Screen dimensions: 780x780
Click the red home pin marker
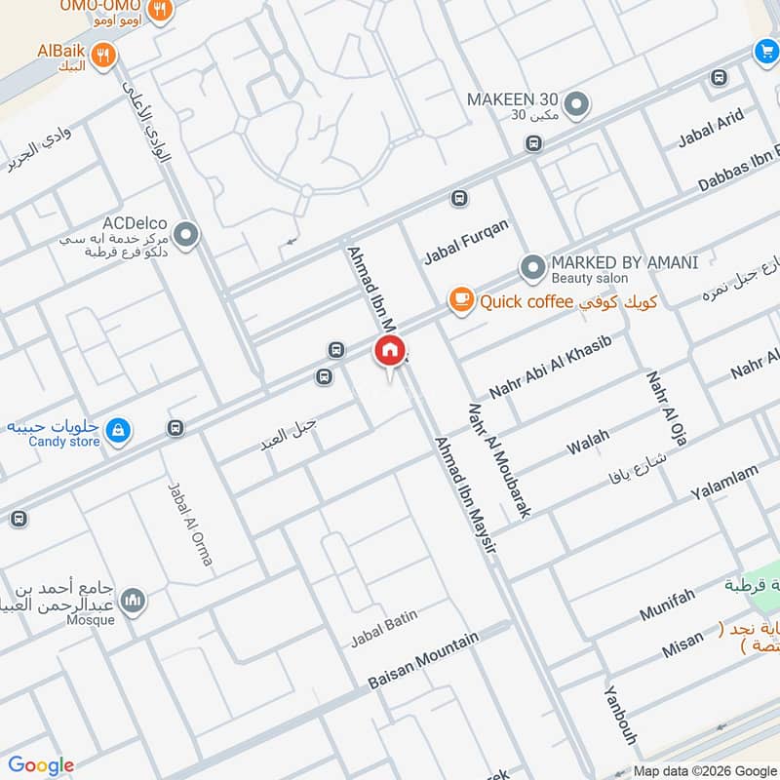tap(390, 352)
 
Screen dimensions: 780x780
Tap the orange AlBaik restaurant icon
tap(104, 55)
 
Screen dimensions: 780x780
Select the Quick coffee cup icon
tap(460, 301)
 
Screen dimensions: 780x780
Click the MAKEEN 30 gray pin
tap(577, 103)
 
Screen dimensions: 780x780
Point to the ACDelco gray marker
tap(186, 234)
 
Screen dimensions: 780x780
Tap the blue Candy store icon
tap(118, 429)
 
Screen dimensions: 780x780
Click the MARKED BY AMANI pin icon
tap(531, 266)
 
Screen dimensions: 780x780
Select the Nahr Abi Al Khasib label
tap(550, 367)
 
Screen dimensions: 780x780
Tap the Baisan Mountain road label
tap(423, 661)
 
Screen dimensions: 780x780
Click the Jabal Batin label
tap(384, 628)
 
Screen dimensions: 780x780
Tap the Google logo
tap(41, 765)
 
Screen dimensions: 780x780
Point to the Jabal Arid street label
tap(711, 128)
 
